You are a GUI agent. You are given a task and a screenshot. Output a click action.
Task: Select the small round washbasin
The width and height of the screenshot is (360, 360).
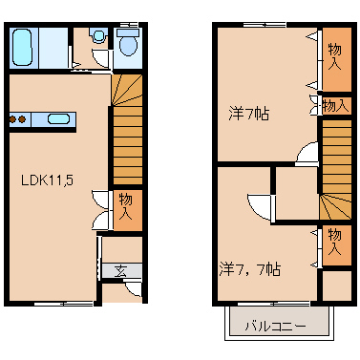point(95,36)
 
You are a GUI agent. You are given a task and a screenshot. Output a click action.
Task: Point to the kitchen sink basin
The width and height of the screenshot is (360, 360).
point(58,120)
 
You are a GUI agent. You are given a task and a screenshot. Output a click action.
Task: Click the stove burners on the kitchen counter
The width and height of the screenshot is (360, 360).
point(16,120)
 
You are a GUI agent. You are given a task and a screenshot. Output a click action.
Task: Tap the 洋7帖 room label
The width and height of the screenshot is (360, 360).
point(250,113)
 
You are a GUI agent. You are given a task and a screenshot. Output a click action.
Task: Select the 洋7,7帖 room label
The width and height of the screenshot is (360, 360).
point(249,268)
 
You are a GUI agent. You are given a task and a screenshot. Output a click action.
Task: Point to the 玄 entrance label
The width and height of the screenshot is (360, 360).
point(122,270)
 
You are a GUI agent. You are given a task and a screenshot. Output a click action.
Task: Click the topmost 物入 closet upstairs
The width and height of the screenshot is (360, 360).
point(334,55)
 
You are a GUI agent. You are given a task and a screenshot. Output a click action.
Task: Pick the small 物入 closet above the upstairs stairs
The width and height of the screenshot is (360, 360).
point(334,105)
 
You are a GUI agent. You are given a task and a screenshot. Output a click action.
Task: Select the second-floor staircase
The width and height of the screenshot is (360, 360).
point(334,167)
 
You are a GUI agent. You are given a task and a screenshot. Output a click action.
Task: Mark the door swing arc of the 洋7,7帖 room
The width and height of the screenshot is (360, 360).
point(258,206)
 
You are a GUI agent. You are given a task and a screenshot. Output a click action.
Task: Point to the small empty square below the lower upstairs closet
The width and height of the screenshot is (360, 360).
point(335,286)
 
